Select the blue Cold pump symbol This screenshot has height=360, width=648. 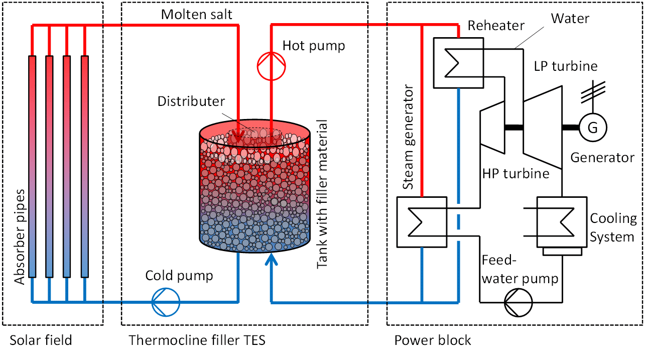[166, 302]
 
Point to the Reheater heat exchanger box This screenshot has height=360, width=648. [458, 63]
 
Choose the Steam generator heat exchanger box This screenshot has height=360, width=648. [422, 222]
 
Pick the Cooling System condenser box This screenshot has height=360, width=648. [562, 222]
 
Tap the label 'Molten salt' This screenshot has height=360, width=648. [197, 15]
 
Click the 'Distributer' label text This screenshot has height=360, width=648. [191, 101]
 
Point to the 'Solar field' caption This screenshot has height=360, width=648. [41, 340]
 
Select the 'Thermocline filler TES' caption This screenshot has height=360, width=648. [197, 340]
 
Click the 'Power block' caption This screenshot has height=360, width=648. [433, 340]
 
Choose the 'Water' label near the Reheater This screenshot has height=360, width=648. [570, 19]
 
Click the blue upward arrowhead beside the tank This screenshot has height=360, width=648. [271, 261]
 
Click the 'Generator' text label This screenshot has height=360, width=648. [602, 158]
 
